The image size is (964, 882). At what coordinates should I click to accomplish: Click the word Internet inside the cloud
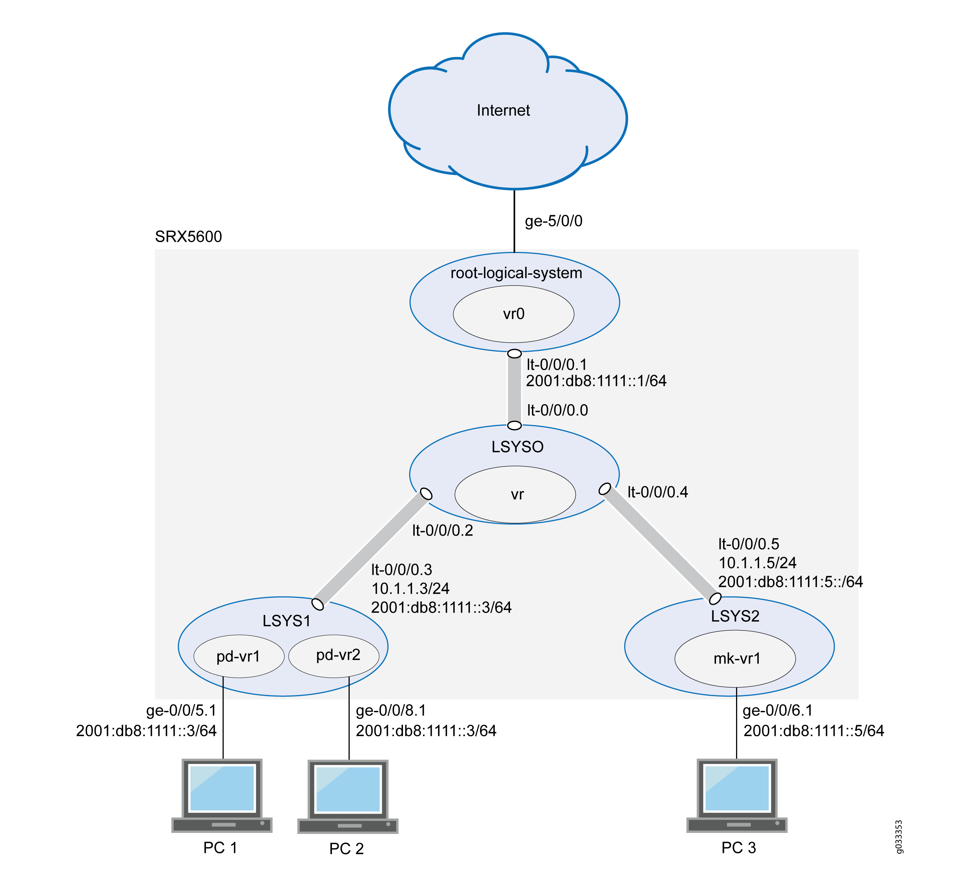[x=503, y=110]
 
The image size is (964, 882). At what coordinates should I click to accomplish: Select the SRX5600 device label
[x=188, y=236]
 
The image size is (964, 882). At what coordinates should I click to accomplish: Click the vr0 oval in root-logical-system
[x=513, y=314]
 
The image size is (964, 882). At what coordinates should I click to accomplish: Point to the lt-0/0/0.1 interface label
[x=556, y=365]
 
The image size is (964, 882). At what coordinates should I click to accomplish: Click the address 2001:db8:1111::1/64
[x=596, y=381]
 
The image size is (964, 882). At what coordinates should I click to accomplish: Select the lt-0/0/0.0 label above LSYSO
[x=557, y=410]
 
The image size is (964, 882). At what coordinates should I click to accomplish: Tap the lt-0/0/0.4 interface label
[x=657, y=492]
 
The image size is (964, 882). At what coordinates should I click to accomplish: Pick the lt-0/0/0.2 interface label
[x=442, y=530]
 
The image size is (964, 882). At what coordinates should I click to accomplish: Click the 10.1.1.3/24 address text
[x=410, y=588]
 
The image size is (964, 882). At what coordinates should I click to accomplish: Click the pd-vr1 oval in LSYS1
[x=239, y=656]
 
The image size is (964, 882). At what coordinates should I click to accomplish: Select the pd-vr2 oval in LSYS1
[x=335, y=655]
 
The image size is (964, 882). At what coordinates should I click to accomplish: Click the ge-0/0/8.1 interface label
[x=391, y=711]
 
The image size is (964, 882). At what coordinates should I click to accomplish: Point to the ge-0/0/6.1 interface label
[x=778, y=711]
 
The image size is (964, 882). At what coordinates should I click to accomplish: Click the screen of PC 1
[x=222, y=788]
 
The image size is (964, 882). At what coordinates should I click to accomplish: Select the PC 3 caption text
[x=738, y=848]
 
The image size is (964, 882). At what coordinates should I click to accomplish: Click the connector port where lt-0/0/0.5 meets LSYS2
[x=715, y=599]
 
